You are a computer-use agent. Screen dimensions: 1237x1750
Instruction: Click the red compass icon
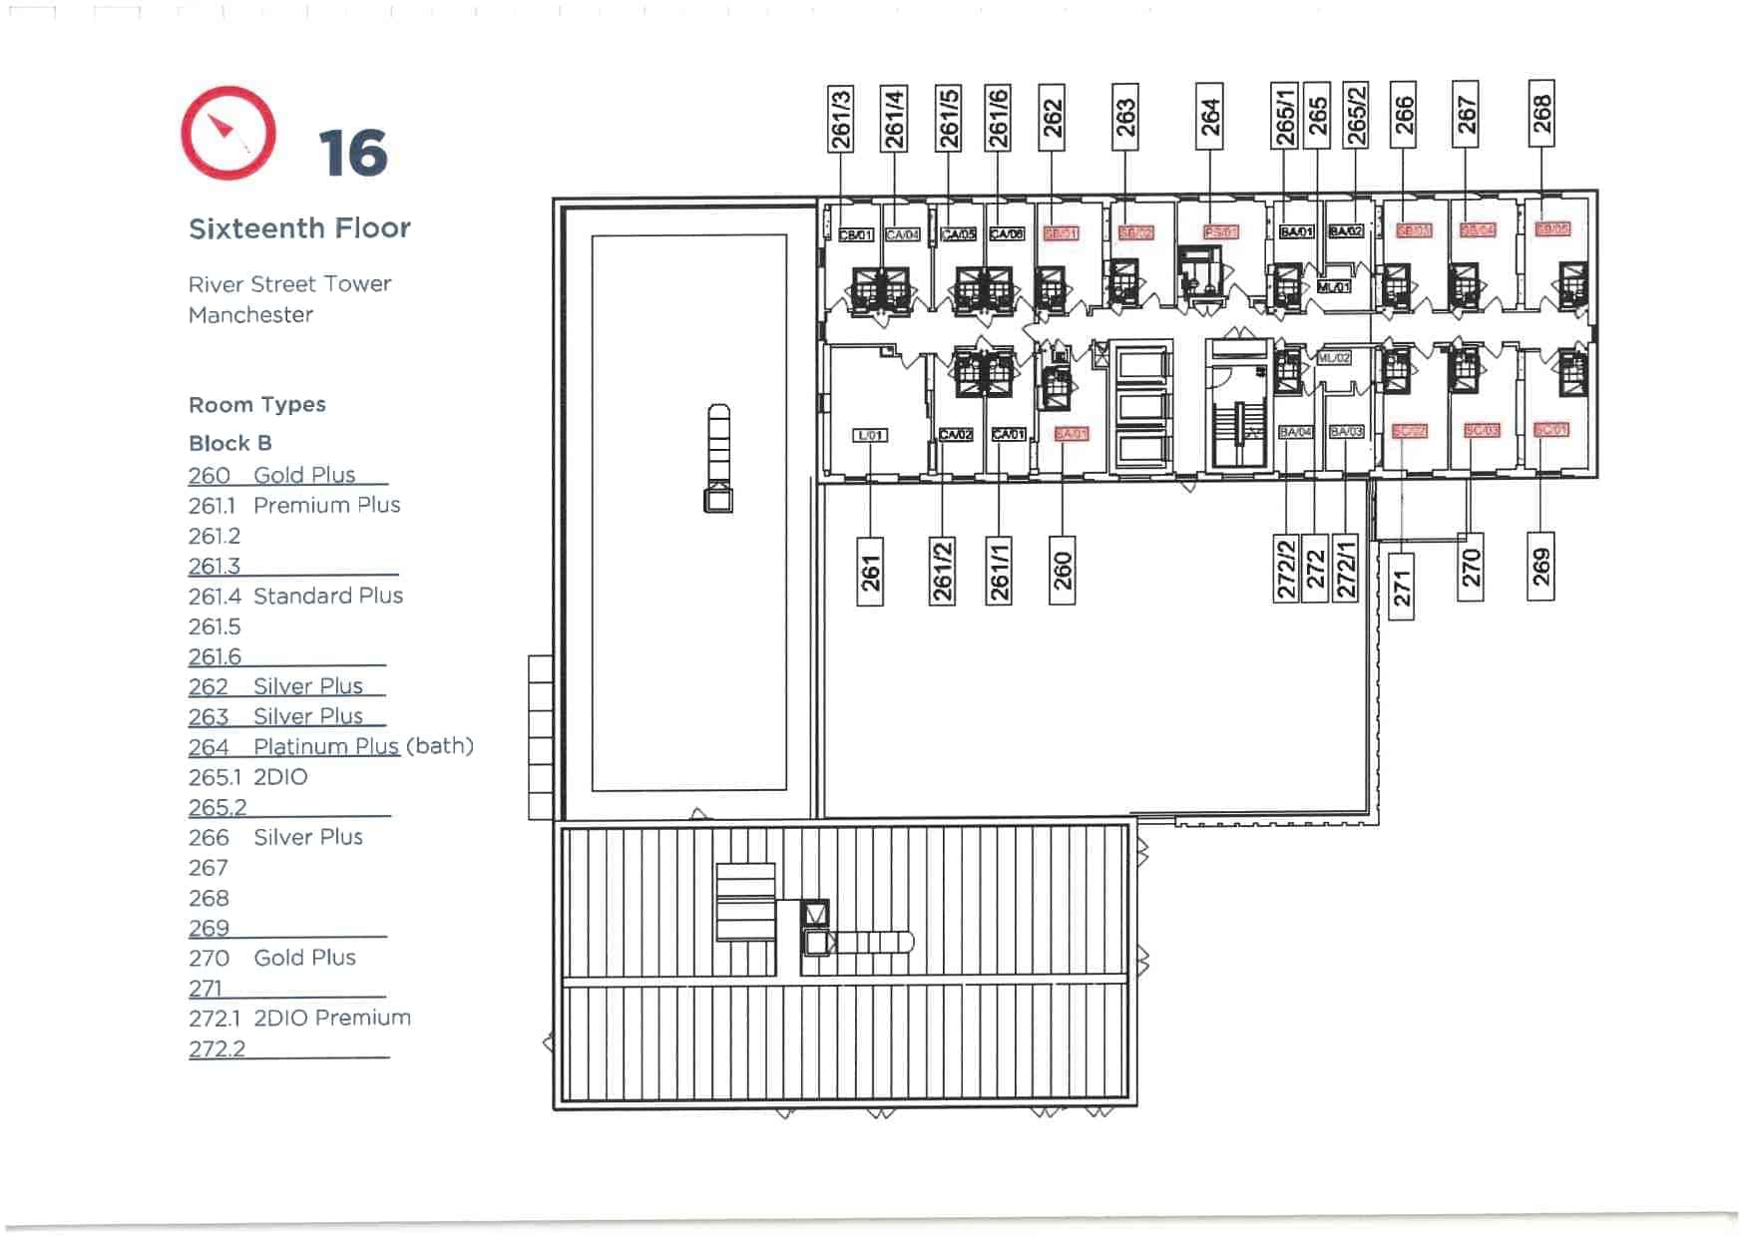click(228, 133)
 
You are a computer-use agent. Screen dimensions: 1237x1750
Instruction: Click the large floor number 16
click(352, 154)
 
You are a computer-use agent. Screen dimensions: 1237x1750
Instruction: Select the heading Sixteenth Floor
click(299, 228)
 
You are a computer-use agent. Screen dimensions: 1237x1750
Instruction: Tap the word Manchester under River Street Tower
click(250, 315)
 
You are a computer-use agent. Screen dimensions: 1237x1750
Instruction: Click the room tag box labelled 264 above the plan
click(1209, 117)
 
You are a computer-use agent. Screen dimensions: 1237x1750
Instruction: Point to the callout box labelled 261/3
click(840, 119)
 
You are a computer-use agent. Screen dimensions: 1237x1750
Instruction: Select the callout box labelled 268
click(1541, 113)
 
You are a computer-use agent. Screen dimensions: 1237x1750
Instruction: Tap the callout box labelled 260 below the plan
click(1062, 571)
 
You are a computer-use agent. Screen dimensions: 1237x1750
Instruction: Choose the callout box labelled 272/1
click(1346, 568)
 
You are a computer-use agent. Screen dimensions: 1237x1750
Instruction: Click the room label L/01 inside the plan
click(870, 436)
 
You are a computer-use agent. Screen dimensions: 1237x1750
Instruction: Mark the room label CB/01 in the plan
click(856, 235)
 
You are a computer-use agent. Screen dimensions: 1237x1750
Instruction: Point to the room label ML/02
click(1334, 357)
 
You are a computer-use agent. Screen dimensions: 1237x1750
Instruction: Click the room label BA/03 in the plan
click(1346, 432)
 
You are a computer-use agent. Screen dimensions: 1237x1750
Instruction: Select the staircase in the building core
click(1238, 419)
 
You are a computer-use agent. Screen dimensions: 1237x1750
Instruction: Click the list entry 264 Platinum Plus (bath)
click(330, 746)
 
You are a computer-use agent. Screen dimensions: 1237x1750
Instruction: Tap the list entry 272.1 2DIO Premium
click(299, 1019)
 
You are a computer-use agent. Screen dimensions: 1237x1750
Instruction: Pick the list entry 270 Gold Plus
click(272, 958)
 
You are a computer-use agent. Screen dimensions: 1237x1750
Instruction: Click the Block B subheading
click(230, 443)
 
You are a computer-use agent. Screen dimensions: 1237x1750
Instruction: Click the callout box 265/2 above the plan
click(1355, 115)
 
